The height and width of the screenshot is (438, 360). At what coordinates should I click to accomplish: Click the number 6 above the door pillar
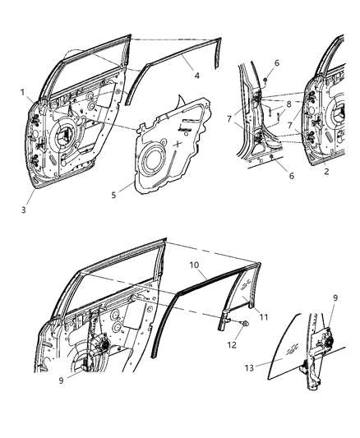click(276, 63)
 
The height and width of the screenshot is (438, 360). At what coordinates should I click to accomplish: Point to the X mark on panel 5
click(178, 143)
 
